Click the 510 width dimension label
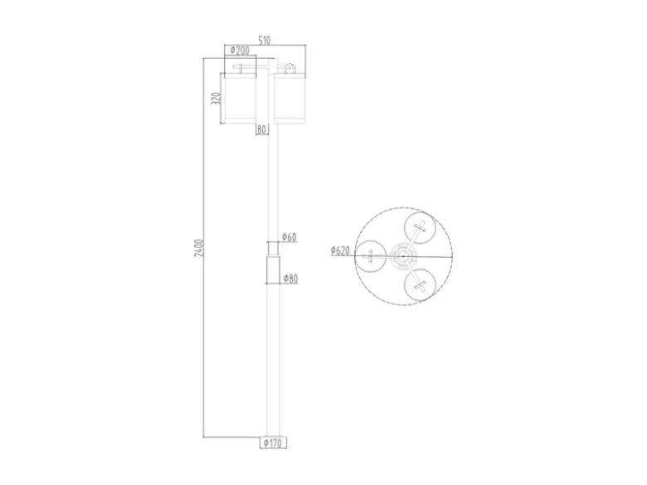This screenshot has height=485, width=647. (x=264, y=40)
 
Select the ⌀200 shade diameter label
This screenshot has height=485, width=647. (x=240, y=51)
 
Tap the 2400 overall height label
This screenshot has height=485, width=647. (x=199, y=248)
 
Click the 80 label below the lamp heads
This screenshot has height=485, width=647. (x=261, y=129)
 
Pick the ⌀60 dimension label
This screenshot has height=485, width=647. (x=289, y=237)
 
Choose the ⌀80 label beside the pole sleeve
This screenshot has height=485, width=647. (x=291, y=279)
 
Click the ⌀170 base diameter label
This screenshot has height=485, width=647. (x=273, y=443)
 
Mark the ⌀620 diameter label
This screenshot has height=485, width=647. (x=340, y=250)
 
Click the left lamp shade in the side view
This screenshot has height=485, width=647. (x=240, y=97)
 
